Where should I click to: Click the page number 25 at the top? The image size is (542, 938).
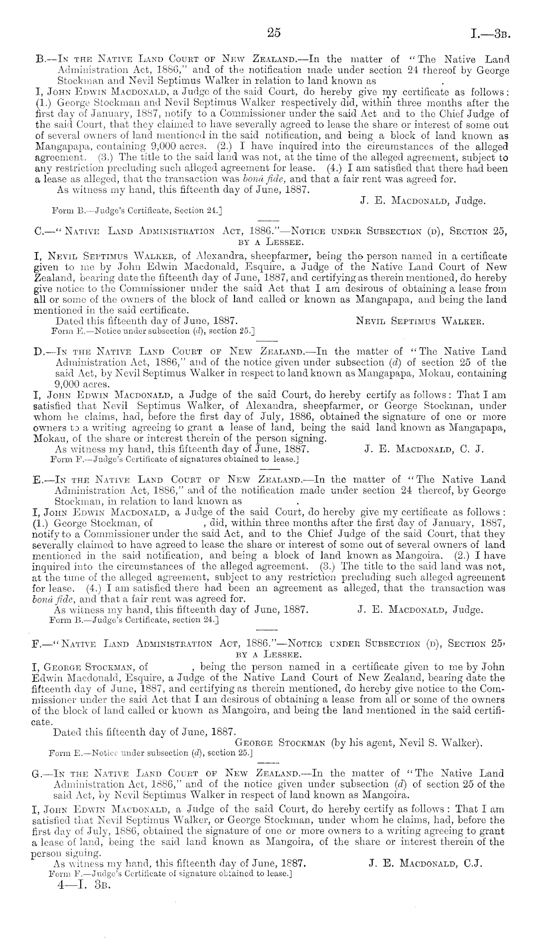click(273, 33)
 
